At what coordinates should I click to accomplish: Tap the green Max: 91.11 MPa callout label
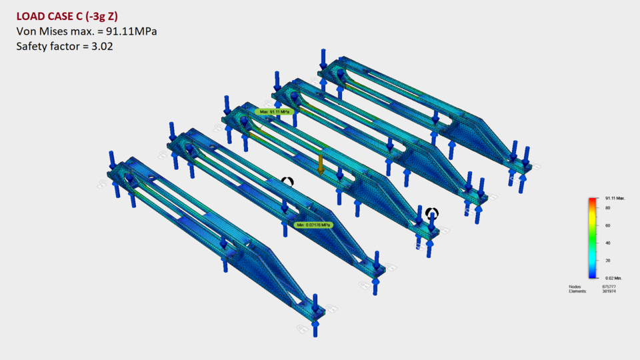[x=275, y=111]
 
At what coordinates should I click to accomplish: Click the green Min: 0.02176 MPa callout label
[x=313, y=225]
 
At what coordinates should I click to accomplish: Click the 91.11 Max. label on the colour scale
[x=614, y=199]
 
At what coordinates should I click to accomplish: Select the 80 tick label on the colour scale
[x=607, y=208]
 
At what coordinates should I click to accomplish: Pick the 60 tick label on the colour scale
[x=607, y=225]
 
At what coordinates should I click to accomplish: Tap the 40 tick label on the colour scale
[x=607, y=243]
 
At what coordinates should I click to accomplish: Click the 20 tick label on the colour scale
[x=607, y=260]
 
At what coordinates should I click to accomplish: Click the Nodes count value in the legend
[x=609, y=287]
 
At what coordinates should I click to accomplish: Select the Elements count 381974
[x=609, y=291]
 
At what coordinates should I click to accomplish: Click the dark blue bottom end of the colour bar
[x=592, y=275]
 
